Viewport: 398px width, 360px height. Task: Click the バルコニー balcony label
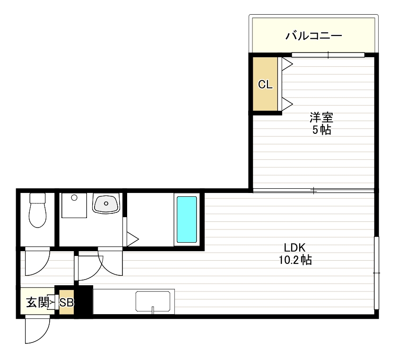click(x=313, y=35)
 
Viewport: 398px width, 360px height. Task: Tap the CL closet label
click(x=265, y=85)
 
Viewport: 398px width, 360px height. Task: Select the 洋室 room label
click(x=321, y=117)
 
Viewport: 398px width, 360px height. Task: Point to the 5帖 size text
click(x=321, y=130)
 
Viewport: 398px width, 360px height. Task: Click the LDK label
click(x=295, y=247)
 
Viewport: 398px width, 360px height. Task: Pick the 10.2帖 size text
click(x=295, y=260)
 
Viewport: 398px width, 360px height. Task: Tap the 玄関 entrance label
click(x=36, y=302)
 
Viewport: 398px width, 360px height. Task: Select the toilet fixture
click(x=37, y=211)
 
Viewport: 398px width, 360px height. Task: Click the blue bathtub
click(x=187, y=220)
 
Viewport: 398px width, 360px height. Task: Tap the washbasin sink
click(x=106, y=204)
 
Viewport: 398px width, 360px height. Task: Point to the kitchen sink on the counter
click(x=153, y=302)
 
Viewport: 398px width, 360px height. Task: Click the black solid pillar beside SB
click(x=84, y=301)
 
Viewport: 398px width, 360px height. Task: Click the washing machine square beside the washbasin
click(x=74, y=205)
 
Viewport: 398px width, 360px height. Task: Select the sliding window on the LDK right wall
click(x=376, y=273)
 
